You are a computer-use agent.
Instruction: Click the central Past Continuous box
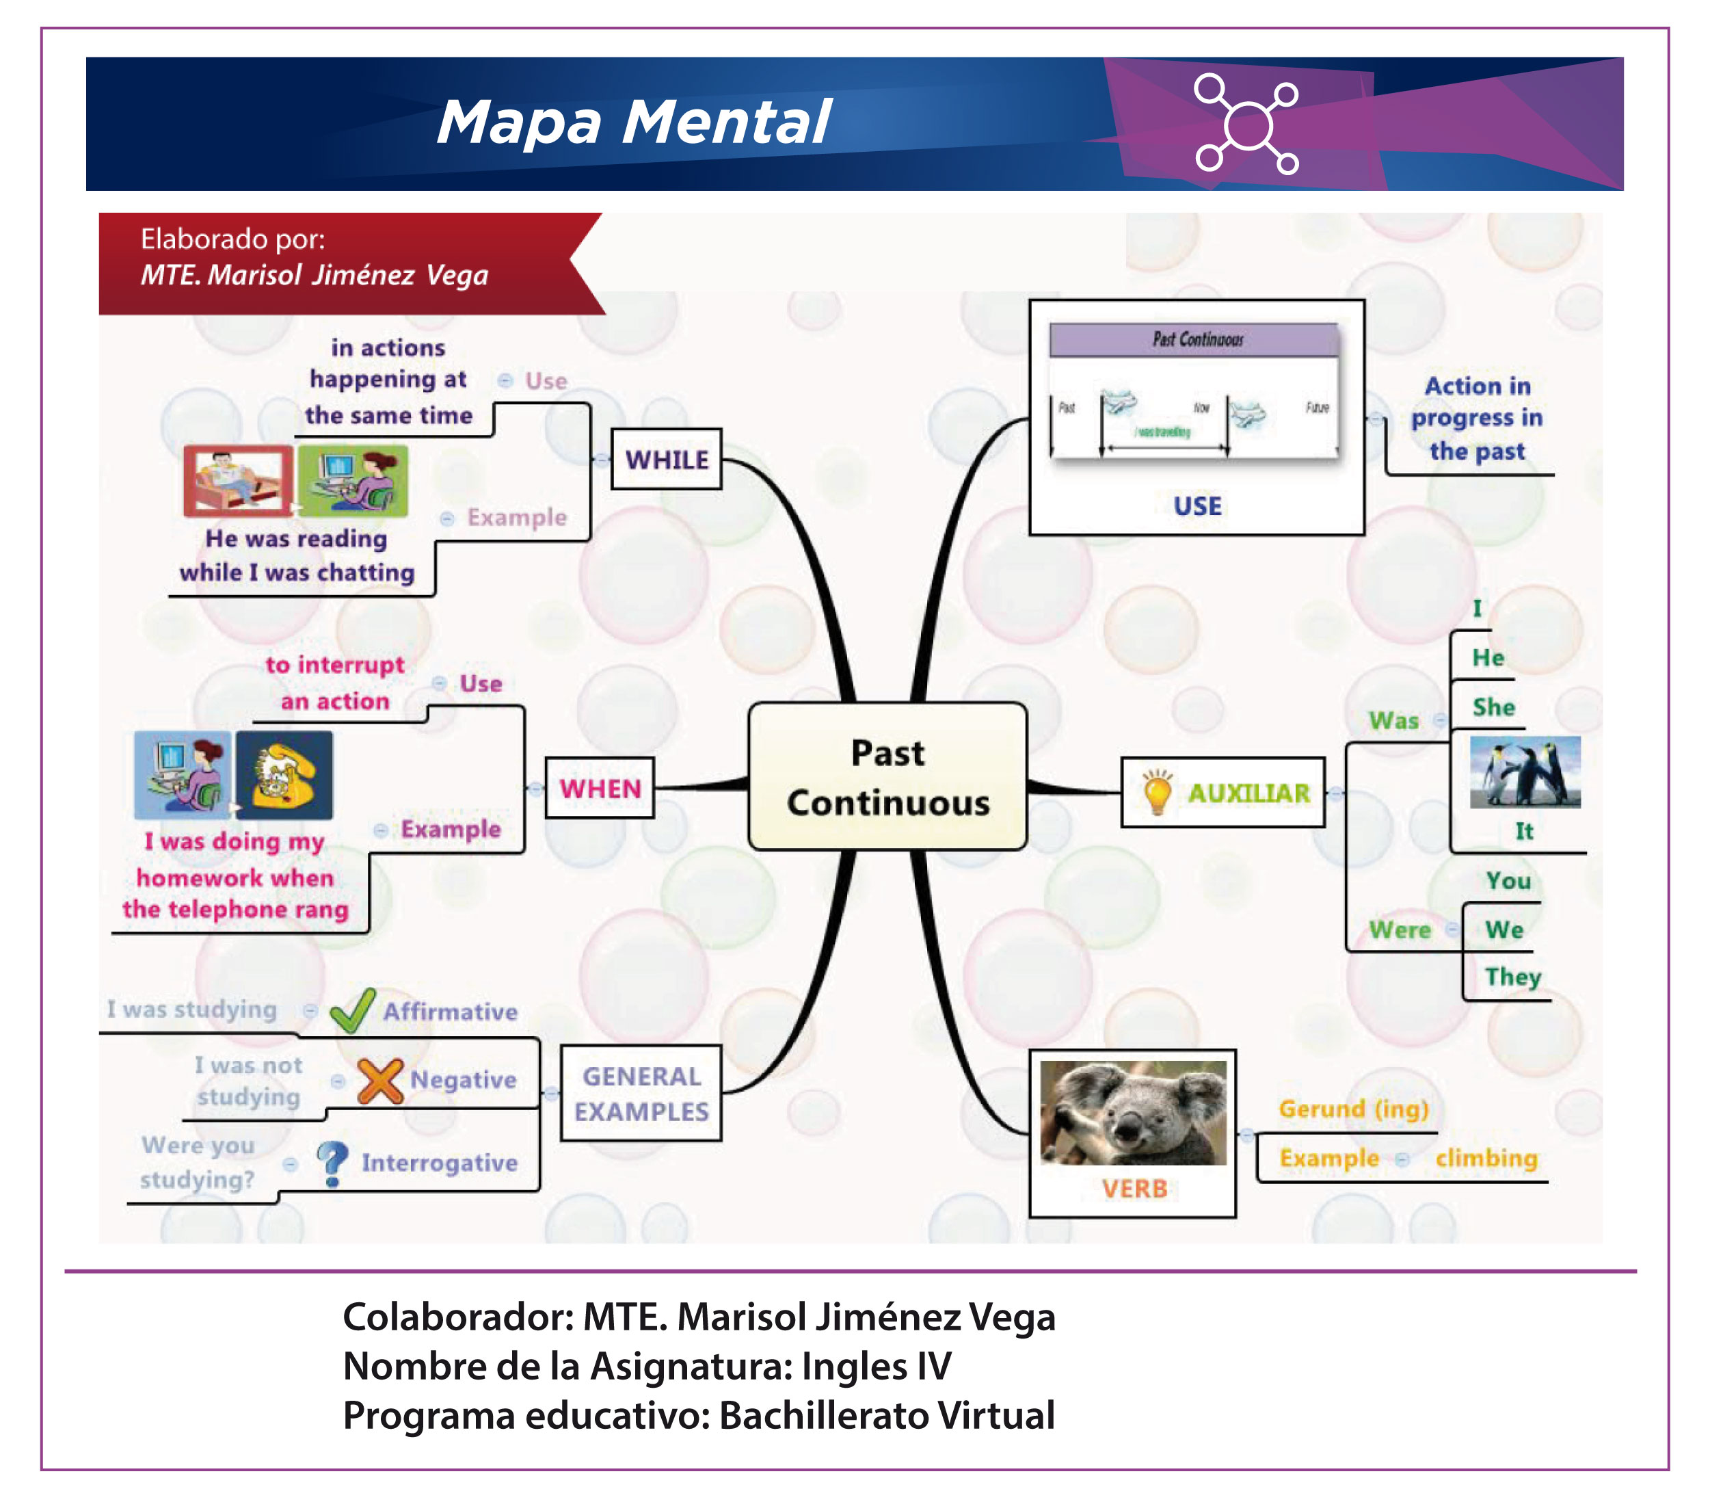pyautogui.click(x=887, y=776)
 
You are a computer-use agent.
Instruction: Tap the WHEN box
pyautogui.click(x=599, y=787)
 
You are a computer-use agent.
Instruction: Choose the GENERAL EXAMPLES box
pyautogui.click(x=641, y=1093)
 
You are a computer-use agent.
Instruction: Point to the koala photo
pyautogui.click(x=1133, y=1112)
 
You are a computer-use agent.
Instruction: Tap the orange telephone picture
pyautogui.click(x=284, y=775)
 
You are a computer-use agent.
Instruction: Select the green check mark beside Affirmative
pyautogui.click(x=352, y=1010)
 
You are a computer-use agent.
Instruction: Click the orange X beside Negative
pyautogui.click(x=380, y=1080)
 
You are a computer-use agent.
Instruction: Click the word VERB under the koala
pyautogui.click(x=1134, y=1188)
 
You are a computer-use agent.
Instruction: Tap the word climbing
pyautogui.click(x=1486, y=1158)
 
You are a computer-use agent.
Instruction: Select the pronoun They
pyautogui.click(x=1512, y=977)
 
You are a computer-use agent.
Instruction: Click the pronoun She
pyautogui.click(x=1493, y=707)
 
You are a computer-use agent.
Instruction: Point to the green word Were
pyautogui.click(x=1400, y=930)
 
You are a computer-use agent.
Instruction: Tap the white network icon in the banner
pyautogui.click(x=1246, y=124)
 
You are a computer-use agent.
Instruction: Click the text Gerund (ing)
pyautogui.click(x=1353, y=1109)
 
